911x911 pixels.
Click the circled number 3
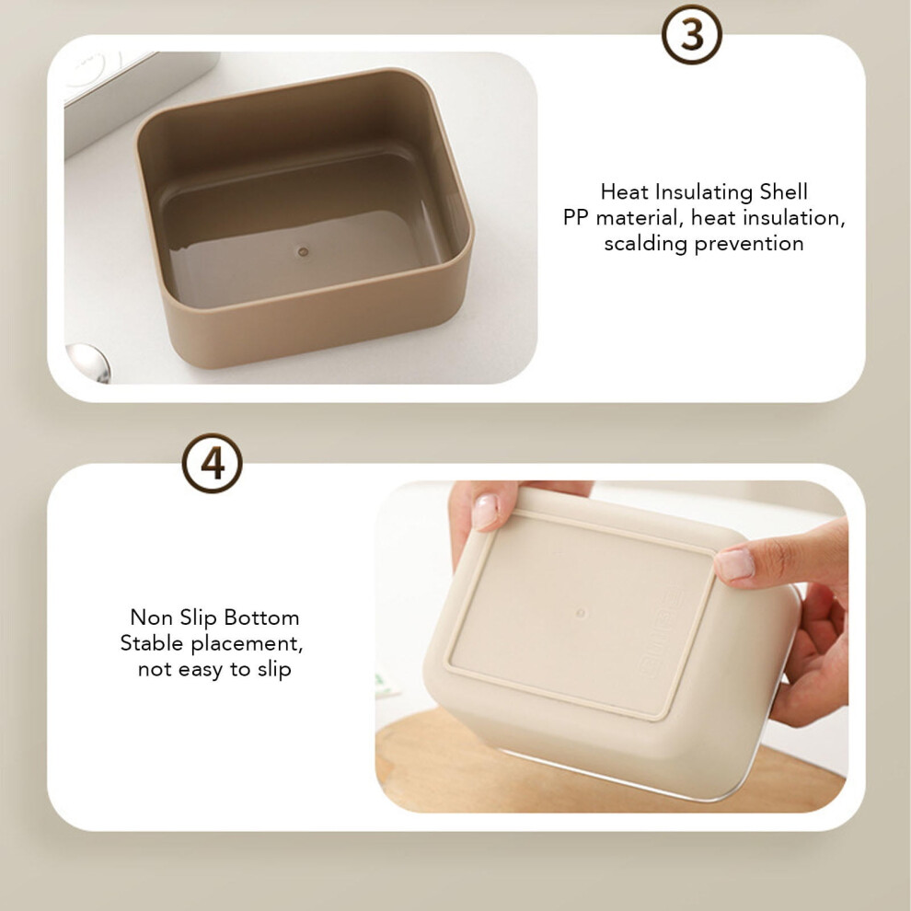click(x=691, y=34)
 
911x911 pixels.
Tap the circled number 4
click(x=212, y=463)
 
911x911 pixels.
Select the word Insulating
click(x=702, y=192)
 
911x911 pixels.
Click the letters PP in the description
click(x=576, y=218)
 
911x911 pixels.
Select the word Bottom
click(x=261, y=617)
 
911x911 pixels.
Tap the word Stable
click(x=152, y=643)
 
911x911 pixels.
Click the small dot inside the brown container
click(x=303, y=252)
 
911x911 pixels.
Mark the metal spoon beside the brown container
click(x=88, y=362)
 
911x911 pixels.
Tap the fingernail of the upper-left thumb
click(x=485, y=512)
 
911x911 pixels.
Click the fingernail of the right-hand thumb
click(x=734, y=564)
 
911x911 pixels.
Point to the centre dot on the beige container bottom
click(x=580, y=613)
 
